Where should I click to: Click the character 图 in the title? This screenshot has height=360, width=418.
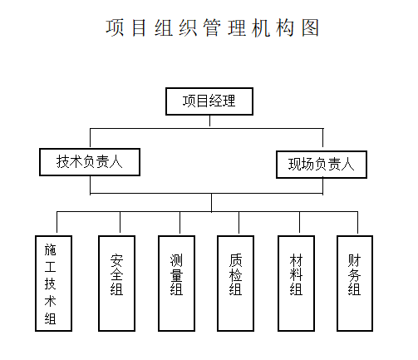(x=310, y=27)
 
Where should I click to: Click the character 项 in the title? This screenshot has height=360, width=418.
(x=115, y=27)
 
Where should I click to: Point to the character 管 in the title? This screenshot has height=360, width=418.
(x=213, y=27)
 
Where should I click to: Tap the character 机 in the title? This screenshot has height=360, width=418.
(x=261, y=27)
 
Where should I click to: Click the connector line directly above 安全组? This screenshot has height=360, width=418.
(x=120, y=222)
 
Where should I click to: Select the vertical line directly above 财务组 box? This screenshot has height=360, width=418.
(x=357, y=223)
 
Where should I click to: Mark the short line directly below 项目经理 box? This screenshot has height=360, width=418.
(x=209, y=121)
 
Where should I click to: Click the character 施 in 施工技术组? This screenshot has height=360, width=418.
(x=50, y=249)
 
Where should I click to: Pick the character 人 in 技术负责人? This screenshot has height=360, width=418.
(x=116, y=161)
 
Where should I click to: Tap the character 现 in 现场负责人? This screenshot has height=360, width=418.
(x=295, y=164)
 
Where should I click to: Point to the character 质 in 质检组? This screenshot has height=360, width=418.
(x=235, y=260)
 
